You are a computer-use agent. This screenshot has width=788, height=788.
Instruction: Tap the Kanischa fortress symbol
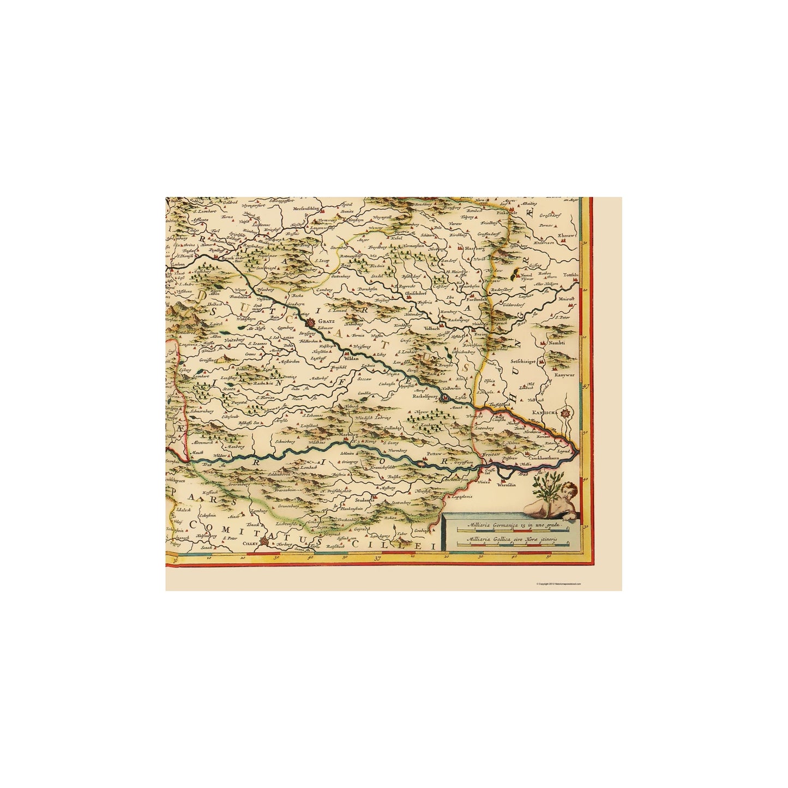point(566,414)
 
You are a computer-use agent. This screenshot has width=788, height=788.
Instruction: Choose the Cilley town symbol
point(264,542)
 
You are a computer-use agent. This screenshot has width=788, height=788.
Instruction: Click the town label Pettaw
point(434,453)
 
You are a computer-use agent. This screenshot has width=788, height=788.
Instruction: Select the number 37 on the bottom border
point(378,558)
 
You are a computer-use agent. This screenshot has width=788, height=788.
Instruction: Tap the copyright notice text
point(558,584)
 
